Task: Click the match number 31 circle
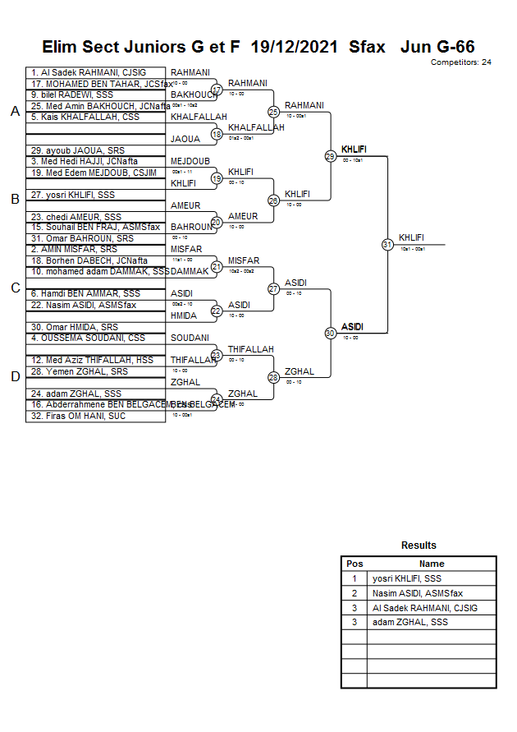tap(387, 245)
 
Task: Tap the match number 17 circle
tap(217, 90)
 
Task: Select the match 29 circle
tap(330, 156)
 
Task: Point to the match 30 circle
tap(330, 333)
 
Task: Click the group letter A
tap(15, 112)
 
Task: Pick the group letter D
tap(15, 376)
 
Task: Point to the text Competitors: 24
tap(460, 62)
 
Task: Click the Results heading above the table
tap(419, 546)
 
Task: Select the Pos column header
tap(355, 564)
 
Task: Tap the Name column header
tap(432, 564)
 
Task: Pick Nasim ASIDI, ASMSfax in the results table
tap(418, 593)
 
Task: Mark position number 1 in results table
tap(355, 578)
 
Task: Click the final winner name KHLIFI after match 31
tap(412, 237)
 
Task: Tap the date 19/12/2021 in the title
tap(294, 47)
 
